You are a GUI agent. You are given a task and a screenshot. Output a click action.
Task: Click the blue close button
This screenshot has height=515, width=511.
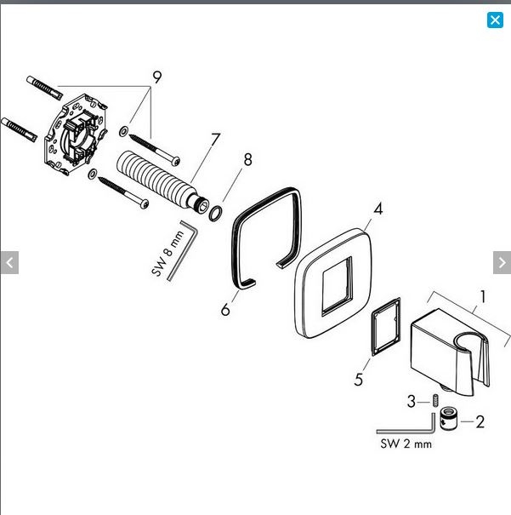click(x=495, y=20)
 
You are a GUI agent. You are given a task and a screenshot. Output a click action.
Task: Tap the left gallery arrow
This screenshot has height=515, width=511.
click(x=9, y=262)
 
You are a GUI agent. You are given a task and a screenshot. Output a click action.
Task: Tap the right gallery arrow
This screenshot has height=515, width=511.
click(x=502, y=262)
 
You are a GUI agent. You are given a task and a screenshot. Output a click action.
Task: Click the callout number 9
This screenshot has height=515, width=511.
click(x=157, y=77)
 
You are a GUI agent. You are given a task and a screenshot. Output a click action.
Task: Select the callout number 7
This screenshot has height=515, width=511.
click(x=215, y=140)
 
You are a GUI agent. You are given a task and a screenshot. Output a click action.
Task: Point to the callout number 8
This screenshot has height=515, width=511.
click(x=247, y=159)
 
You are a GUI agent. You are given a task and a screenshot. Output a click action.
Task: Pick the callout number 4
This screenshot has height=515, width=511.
click(x=378, y=209)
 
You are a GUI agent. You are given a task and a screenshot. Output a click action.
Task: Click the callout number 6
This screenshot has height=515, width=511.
click(x=225, y=309)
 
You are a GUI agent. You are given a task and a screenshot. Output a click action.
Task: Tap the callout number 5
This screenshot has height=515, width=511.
click(x=359, y=380)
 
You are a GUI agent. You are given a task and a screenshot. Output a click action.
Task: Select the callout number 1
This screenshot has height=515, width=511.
click(x=482, y=296)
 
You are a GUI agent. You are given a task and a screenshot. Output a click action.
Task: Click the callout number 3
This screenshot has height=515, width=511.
click(x=412, y=401)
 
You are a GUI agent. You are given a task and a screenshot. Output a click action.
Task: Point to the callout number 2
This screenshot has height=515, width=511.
click(x=480, y=421)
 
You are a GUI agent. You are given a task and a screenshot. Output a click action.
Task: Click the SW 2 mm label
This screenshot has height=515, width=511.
click(x=406, y=444)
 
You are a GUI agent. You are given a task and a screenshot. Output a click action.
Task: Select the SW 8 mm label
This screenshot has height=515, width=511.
click(x=167, y=253)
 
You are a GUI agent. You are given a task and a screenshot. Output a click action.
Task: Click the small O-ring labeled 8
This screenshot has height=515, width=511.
click(x=215, y=213)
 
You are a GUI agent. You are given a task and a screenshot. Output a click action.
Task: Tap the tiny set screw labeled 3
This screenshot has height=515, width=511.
click(x=435, y=400)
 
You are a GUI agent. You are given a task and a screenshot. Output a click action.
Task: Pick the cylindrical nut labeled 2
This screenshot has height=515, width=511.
click(x=449, y=418)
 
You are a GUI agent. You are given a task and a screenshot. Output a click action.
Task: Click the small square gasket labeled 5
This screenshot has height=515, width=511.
click(x=386, y=327)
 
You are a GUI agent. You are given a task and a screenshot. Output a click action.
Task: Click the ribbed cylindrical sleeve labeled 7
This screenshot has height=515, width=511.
click(x=162, y=181)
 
